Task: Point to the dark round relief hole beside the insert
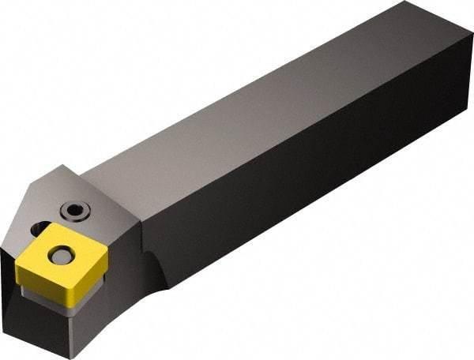(x=39, y=230)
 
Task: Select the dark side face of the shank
(x=316, y=213)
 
